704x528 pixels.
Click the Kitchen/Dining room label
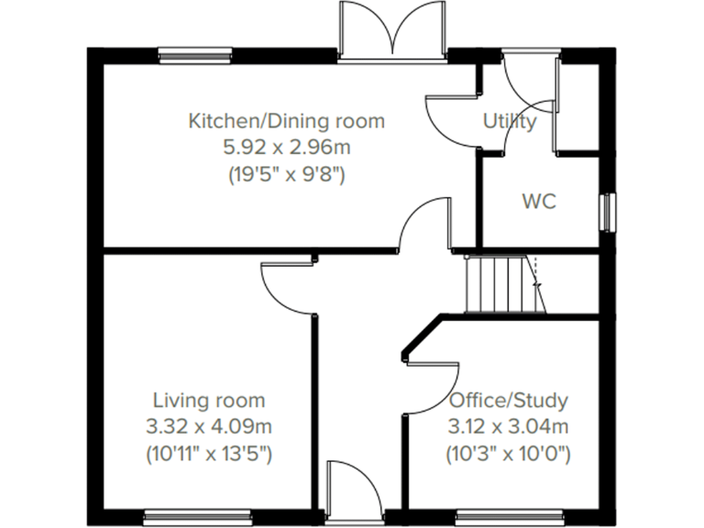click(286, 121)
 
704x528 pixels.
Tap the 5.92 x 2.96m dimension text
click(286, 148)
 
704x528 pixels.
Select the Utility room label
click(510, 121)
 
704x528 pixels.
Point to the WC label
click(539, 202)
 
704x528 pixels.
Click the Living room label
click(209, 401)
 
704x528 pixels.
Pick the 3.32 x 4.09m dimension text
click(209, 426)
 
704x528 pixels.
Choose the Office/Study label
click(509, 401)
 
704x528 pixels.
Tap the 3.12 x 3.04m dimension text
click(509, 426)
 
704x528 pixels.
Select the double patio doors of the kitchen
click(392, 32)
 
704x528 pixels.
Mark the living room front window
click(196, 515)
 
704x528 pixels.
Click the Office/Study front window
click(510, 515)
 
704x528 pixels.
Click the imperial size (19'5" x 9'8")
click(286, 174)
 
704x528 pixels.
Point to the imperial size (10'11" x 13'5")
click(209, 453)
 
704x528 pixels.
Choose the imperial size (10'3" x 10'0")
click(509, 453)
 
